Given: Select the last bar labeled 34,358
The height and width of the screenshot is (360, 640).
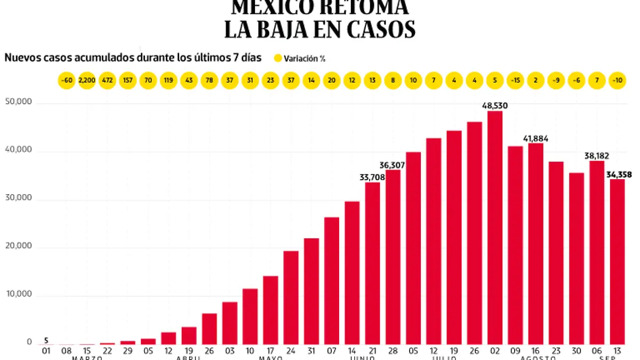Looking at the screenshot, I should click(x=617, y=261).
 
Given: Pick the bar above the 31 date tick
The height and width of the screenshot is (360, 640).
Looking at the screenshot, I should click(x=311, y=291).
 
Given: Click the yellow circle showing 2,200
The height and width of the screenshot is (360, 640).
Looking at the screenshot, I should click(x=87, y=81).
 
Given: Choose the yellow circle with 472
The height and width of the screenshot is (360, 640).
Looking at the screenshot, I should click(x=107, y=81).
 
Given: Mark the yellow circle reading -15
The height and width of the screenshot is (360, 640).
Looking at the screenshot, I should click(x=515, y=81).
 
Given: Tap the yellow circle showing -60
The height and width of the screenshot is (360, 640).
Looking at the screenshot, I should click(x=67, y=81).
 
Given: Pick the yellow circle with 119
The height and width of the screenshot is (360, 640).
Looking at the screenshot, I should click(x=169, y=81).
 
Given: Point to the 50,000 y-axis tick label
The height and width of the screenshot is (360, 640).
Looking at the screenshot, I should click(x=18, y=102).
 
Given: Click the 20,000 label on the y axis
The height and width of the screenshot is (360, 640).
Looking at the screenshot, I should click(x=18, y=246).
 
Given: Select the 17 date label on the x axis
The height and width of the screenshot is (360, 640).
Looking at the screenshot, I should click(x=270, y=350).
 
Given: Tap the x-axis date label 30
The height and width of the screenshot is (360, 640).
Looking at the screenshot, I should click(x=576, y=350).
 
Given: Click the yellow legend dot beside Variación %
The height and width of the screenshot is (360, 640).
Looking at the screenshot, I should click(x=277, y=58).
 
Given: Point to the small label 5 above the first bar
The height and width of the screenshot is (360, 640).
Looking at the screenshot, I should click(x=46, y=340).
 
